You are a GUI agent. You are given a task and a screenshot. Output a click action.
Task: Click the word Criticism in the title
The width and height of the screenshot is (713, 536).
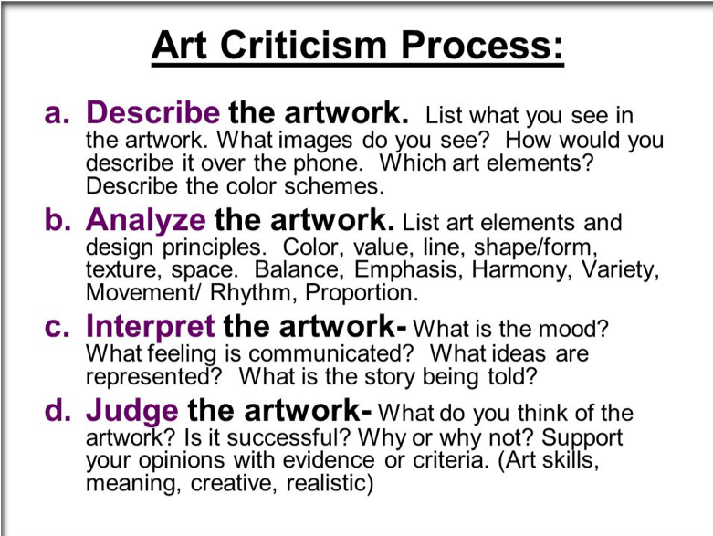303,45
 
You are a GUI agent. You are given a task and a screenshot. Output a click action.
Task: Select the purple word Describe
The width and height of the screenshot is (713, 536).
152,112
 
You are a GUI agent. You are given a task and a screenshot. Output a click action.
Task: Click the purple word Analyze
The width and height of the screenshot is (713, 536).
146,220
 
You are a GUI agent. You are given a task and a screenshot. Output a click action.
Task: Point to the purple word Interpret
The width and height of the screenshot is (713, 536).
150,326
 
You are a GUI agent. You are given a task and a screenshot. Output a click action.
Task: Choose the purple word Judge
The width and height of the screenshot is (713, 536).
131,411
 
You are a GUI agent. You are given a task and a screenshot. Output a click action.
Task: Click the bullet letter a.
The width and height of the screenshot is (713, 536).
58,113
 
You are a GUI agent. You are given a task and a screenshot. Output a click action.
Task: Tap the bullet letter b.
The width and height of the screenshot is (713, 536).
58,219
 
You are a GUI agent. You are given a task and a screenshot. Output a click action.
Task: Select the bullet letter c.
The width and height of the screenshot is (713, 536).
58,328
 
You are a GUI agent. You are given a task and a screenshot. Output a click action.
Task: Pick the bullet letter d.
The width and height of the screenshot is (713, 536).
58,411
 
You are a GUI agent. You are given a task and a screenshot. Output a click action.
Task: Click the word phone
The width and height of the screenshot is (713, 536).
327,163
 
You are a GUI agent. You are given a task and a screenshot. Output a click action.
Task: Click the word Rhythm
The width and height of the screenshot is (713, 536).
250,292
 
